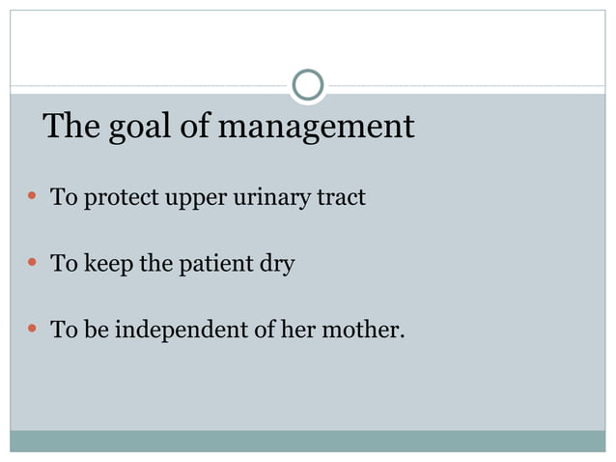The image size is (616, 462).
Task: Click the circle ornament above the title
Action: (x=307, y=86)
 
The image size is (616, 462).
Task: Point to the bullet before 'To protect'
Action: (x=32, y=198)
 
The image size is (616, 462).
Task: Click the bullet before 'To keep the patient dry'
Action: (x=32, y=263)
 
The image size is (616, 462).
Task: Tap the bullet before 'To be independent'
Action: (x=32, y=330)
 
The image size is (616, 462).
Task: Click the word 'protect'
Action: (x=116, y=199)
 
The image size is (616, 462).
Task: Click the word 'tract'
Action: (x=342, y=198)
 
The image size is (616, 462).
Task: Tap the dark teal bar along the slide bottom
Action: (x=307, y=441)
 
